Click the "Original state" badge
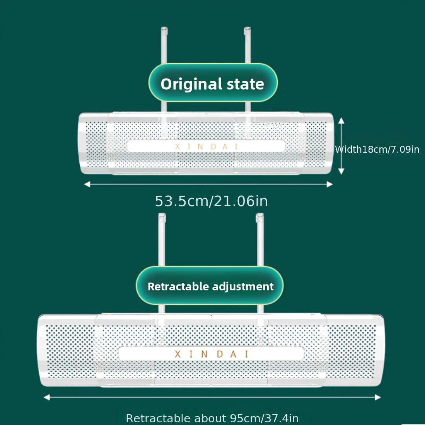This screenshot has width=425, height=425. [213, 83]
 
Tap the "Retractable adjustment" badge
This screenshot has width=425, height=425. [210, 286]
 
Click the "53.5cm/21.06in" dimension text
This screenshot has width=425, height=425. [211, 201]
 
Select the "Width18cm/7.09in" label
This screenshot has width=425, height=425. [377, 149]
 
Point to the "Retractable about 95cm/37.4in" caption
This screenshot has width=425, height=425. [212, 418]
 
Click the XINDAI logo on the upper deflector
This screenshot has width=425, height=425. [206, 146]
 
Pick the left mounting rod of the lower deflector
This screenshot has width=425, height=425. [162, 240]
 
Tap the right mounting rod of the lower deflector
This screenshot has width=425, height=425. [260, 240]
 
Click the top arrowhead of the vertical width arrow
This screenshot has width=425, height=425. [341, 121]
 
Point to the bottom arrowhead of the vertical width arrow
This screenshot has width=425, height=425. [341, 171]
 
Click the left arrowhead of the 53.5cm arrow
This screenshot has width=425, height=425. [87, 184]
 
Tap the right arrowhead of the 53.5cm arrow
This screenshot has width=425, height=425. [329, 184]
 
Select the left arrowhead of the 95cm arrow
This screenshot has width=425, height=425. [47, 397]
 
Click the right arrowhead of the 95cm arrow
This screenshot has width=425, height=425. [378, 397]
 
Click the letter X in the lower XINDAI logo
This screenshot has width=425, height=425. [178, 354]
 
